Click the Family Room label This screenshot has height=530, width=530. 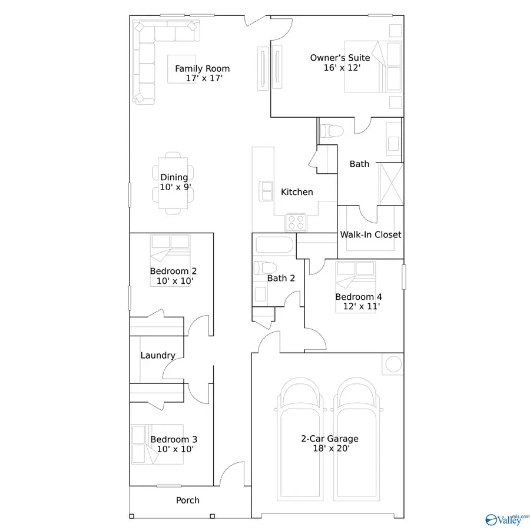click(x=202, y=68)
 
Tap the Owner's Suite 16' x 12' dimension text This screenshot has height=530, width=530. click(x=342, y=68)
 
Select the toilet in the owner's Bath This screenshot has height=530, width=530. click(x=330, y=131)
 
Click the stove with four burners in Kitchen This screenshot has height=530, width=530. click(x=296, y=222)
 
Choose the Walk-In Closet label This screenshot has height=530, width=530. click(x=370, y=234)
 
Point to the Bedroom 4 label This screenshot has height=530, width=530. click(x=355, y=296)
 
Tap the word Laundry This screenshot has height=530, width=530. click(x=158, y=355)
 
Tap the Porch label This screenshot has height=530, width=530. click(x=188, y=501)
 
